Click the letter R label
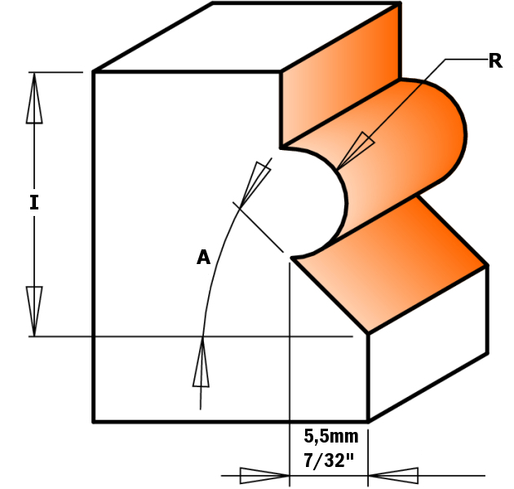point(495,61)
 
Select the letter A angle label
point(203,258)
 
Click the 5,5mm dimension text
point(331,436)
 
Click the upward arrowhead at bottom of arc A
point(202,363)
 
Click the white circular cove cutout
point(314,200)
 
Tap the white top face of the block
point(245,37)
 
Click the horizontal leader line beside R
point(465,59)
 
